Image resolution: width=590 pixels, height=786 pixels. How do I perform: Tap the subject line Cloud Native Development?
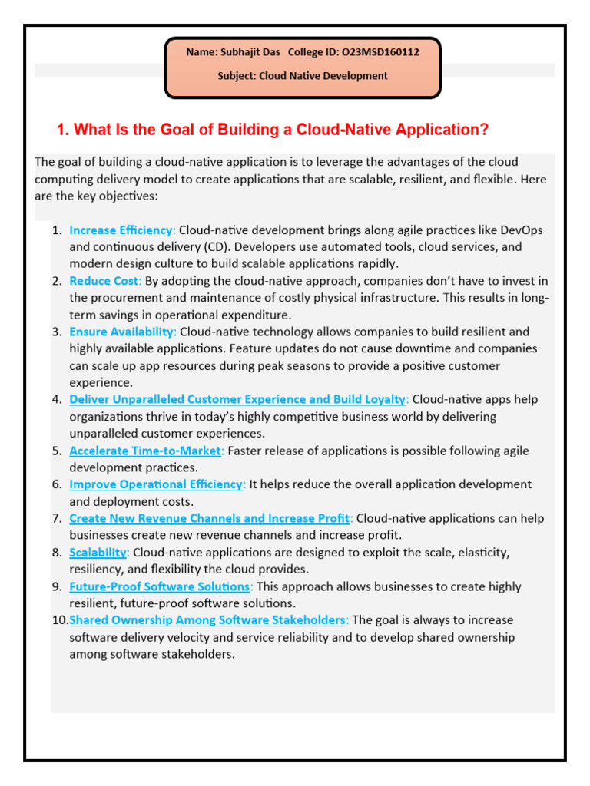click(323, 76)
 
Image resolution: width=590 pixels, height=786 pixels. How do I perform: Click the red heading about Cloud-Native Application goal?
click(273, 130)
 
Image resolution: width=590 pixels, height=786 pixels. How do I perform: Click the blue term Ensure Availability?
click(123, 332)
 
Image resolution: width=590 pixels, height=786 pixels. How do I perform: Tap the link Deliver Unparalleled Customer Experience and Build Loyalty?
click(237, 399)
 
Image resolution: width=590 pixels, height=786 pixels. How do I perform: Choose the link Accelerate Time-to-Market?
click(145, 451)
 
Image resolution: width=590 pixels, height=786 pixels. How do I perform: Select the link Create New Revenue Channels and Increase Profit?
click(210, 518)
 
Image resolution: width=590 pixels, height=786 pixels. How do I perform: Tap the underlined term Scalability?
click(98, 552)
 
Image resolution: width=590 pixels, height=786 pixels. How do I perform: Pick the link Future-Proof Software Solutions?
click(160, 586)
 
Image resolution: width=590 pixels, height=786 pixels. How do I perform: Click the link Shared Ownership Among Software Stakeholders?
click(208, 619)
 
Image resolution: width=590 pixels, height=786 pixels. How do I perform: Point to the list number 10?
click(60, 619)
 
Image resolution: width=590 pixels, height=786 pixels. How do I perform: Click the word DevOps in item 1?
click(522, 230)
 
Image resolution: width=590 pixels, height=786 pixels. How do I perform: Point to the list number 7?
click(57, 518)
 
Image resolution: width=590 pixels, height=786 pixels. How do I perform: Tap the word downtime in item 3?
click(433, 348)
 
